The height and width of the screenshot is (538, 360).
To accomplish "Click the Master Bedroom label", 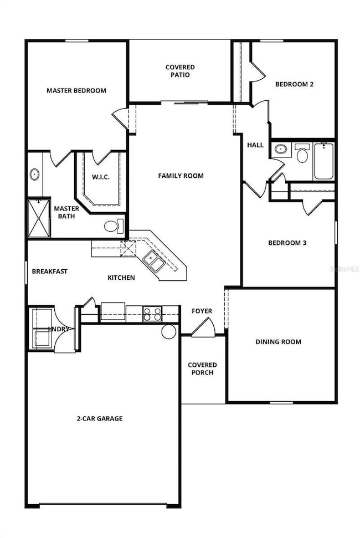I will point(76,90).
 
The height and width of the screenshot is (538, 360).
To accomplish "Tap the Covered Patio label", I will point(180,71).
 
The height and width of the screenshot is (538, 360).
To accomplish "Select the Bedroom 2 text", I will point(295,84).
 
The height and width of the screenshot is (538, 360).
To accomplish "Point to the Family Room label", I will point(181,176).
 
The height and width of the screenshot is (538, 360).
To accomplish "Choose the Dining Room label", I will point(278,342).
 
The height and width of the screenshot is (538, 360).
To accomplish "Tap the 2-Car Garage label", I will point(100,419).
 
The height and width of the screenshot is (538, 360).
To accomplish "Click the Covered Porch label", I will point(202,368).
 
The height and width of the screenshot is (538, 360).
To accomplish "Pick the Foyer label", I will point(202,311).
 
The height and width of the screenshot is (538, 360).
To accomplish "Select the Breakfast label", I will point(49,271).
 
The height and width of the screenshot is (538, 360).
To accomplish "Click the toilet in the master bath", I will point(112,226).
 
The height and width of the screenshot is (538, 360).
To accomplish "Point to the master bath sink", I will point(34,175).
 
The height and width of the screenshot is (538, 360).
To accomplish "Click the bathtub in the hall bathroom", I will point(324,161).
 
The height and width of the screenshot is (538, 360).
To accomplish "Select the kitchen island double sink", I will point(153,260).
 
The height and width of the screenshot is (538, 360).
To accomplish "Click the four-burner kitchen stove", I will point(152,314).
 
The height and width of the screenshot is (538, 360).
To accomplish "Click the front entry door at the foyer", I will point(203,327).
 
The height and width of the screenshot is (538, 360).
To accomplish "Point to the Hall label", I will point(255,145).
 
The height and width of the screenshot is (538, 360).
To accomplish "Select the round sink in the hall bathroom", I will point(281,148).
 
